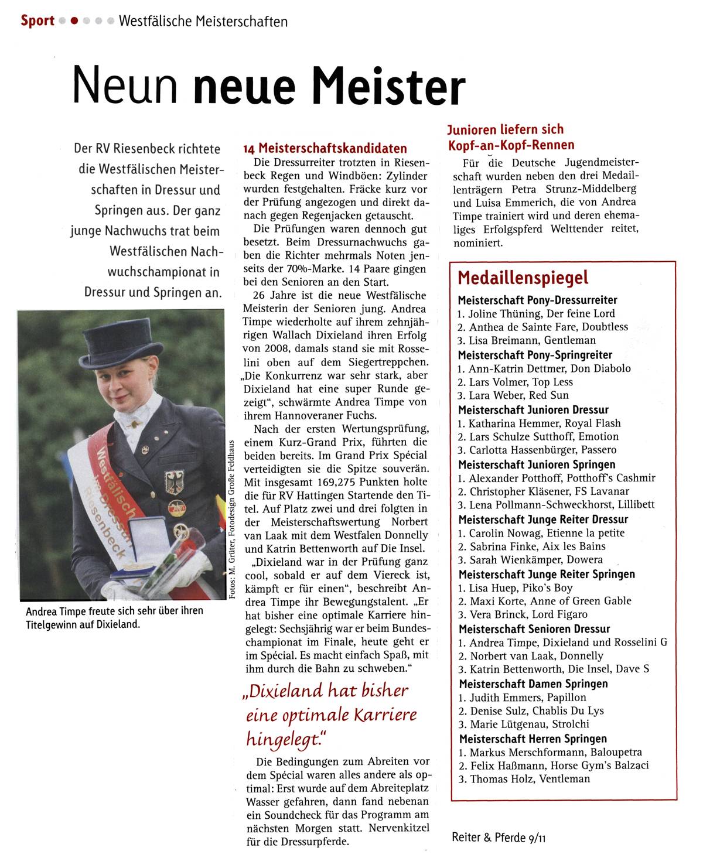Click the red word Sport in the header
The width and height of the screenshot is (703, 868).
[x=37, y=21]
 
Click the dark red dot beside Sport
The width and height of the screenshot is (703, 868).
[x=74, y=21]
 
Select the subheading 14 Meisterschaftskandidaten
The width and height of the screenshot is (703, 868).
[x=325, y=148]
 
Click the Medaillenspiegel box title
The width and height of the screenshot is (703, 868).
[x=523, y=278]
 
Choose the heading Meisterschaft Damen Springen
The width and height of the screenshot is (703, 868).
[x=533, y=684]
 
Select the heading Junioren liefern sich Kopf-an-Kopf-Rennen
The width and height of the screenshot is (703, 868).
[x=510, y=137]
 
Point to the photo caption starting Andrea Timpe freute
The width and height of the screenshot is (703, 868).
[x=114, y=617]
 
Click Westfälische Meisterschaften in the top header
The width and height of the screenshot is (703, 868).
[x=203, y=22]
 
